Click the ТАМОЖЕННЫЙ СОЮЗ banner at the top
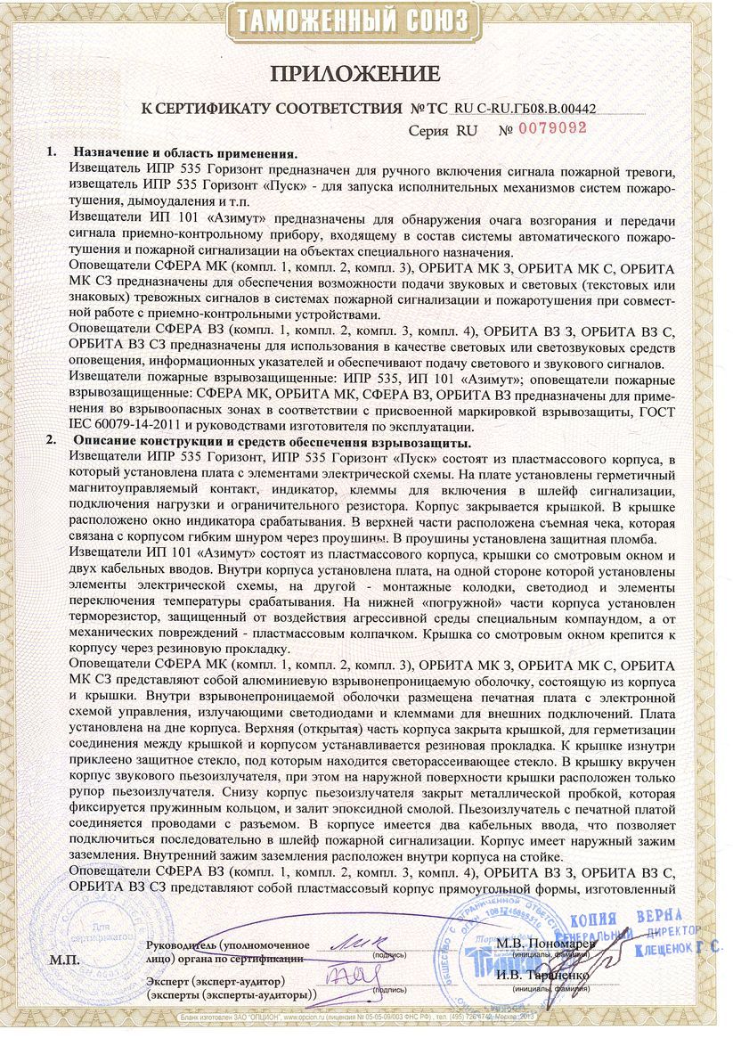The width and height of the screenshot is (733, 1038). [x=366, y=20]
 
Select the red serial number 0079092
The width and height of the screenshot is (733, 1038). [x=550, y=127]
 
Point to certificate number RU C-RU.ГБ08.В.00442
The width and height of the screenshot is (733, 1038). [x=525, y=108]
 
